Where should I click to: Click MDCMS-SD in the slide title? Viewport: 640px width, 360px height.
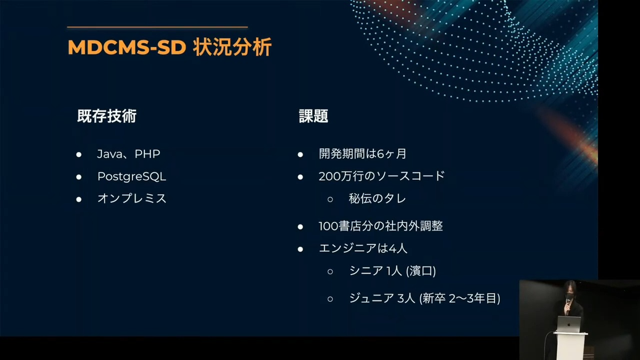[x=127, y=47]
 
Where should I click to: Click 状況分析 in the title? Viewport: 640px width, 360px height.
[x=232, y=47]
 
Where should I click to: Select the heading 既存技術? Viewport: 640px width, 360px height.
[x=107, y=116]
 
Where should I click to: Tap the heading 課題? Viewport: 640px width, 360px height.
[x=314, y=116]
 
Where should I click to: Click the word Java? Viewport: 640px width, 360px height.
[x=110, y=154]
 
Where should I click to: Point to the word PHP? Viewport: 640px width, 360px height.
[x=147, y=154]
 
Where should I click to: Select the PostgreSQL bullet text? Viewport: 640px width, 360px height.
[x=132, y=177]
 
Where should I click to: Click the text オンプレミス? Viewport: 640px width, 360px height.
[x=132, y=198]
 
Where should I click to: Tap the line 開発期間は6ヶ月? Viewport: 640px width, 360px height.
[x=363, y=154]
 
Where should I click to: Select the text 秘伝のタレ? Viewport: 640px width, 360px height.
[x=377, y=198]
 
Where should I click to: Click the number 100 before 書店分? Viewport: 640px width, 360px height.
[x=329, y=226]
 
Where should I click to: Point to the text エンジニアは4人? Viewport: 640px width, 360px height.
[x=363, y=249]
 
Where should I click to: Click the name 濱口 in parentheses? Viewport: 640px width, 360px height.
[x=421, y=271]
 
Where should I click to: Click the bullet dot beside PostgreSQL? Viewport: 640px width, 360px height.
[x=79, y=177]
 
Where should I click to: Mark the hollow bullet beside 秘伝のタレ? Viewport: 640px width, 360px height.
[x=330, y=199]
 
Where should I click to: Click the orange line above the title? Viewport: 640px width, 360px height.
[x=157, y=27]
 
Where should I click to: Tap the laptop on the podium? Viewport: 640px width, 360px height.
[x=569, y=324]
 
